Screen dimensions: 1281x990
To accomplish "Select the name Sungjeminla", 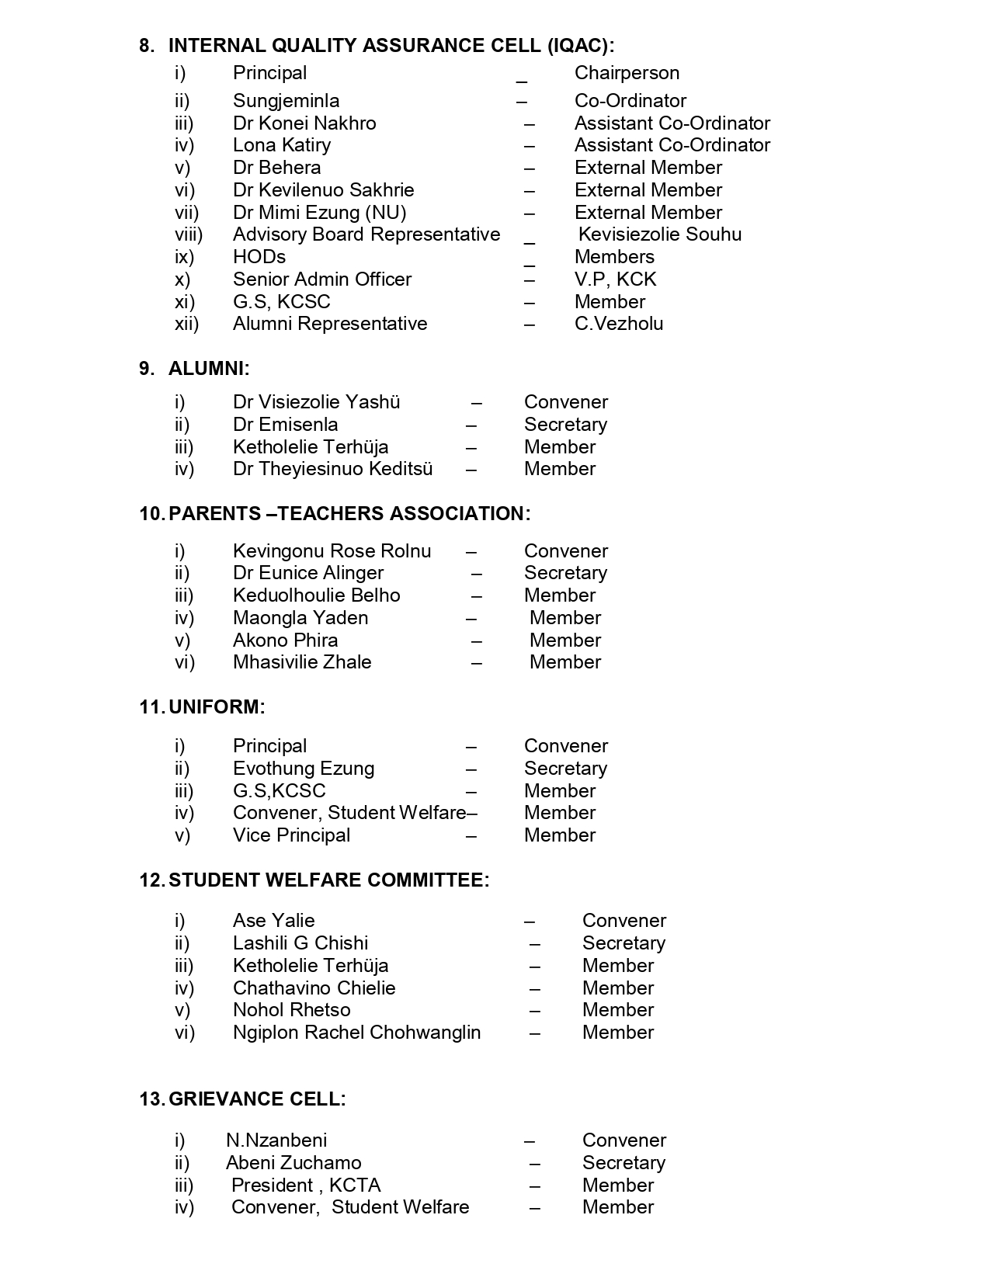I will tap(286, 101).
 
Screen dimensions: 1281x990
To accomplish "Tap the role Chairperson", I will tap(627, 73).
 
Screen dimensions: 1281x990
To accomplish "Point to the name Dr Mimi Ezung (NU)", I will tap(319, 213).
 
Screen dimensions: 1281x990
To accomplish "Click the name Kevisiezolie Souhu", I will tap(659, 234).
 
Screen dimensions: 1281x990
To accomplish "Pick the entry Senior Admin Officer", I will tap(321, 279).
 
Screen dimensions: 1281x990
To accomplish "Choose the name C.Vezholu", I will tap(618, 324).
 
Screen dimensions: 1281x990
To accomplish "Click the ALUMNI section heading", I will tap(209, 369).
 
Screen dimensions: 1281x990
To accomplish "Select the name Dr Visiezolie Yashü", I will tap(316, 402).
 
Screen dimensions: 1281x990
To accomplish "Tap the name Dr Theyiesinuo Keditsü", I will tap(332, 469).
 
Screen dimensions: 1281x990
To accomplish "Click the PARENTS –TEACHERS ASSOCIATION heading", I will tap(349, 514).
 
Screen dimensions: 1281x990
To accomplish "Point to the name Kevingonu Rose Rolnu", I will tap(332, 551).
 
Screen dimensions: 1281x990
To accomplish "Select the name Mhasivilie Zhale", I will tap(301, 662).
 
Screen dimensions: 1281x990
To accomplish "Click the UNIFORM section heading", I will tap(217, 707).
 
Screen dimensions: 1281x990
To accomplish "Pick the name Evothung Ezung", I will tap(303, 769).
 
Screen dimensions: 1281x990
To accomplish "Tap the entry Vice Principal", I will tap(291, 835).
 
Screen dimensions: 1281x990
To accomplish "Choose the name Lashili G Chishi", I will tap(300, 943).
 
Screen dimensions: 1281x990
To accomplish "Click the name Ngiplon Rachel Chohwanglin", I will tap(356, 1033).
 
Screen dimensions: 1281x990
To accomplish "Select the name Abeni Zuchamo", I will tap(294, 1163).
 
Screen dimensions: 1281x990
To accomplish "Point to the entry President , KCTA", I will tap(306, 1186).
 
